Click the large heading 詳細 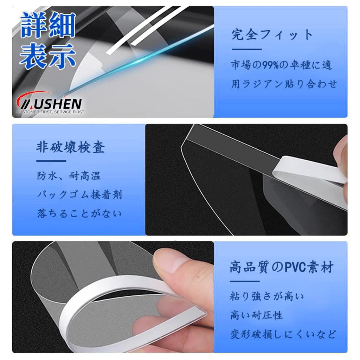(x=47, y=25)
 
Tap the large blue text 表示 (x=47, y=57)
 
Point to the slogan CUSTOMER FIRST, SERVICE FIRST (x=50, y=112)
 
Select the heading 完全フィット (x=272, y=35)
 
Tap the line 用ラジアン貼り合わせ (x=284, y=84)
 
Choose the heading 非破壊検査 (x=70, y=148)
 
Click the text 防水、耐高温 (x=69, y=176)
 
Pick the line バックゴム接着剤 (x=79, y=194)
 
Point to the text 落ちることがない (x=79, y=213)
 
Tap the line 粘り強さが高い (x=267, y=296)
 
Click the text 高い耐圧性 (x=257, y=315)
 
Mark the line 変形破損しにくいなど (x=283, y=334)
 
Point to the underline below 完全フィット (x=246, y=50)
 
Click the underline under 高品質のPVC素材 (x=244, y=281)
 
